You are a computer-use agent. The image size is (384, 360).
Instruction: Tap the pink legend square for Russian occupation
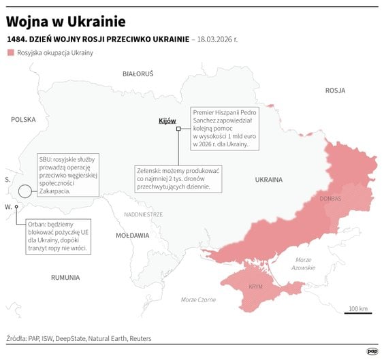pyautogui.click(x=10, y=52)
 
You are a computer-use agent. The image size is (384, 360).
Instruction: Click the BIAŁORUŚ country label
pyautogui.click(x=138, y=73)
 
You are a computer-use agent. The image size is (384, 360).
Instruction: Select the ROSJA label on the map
pyautogui.click(x=335, y=90)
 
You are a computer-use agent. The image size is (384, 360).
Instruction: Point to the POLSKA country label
pyautogui.click(x=23, y=119)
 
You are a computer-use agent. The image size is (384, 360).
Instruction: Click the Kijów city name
pyautogui.click(x=167, y=120)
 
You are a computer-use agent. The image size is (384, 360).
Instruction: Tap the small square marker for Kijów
pyautogui.click(x=178, y=128)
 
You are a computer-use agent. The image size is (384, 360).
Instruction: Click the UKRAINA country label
pyautogui.click(x=268, y=180)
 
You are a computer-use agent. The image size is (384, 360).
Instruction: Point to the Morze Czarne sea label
pyautogui.click(x=198, y=299)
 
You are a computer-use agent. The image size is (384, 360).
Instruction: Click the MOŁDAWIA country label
pyautogui.click(x=132, y=235)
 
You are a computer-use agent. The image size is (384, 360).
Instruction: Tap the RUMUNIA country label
pyautogui.click(x=65, y=277)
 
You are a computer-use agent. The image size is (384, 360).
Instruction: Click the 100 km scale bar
pyautogui.click(x=357, y=314)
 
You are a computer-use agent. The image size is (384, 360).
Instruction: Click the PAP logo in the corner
pyautogui.click(x=372, y=350)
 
